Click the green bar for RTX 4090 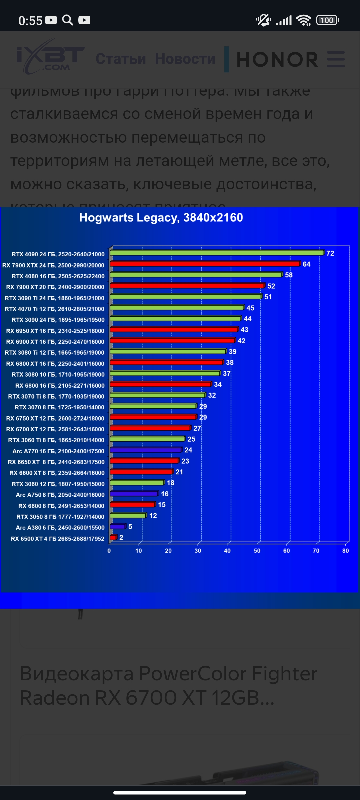[217, 253]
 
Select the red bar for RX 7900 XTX [205, 264]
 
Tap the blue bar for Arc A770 [146, 450]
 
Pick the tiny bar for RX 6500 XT [113, 537]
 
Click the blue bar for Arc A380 [118, 527]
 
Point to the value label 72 [330, 253]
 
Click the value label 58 [289, 275]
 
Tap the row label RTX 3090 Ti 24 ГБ [54, 298]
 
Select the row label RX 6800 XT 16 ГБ [55, 364]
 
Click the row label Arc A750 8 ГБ [60, 495]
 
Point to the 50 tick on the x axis [257, 551]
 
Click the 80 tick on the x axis [345, 551]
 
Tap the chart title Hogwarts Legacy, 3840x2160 [161, 218]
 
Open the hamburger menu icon [336, 59]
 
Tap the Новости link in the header [185, 59]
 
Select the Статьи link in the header [121, 59]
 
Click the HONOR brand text [277, 60]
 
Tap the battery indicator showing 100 [328, 20]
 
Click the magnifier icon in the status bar [68, 20]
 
